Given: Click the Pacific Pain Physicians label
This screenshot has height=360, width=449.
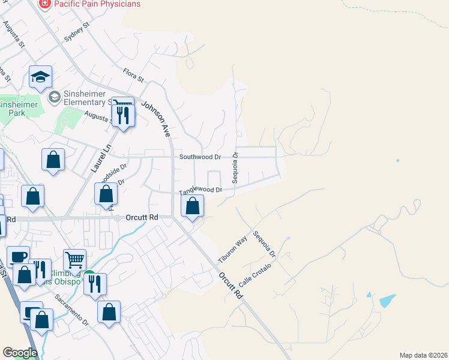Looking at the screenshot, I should [x=97, y=4].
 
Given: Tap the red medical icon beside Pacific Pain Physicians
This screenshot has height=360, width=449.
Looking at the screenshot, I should [x=44, y=4].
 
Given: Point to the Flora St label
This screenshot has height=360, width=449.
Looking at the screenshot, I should [x=133, y=76].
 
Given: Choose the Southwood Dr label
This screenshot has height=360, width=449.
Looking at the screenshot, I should [x=200, y=157].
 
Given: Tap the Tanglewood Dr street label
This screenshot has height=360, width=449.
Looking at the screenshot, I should [x=200, y=191].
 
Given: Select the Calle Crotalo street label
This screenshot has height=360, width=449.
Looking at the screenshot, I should [x=255, y=275].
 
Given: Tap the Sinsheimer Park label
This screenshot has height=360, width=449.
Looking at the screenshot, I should [x=18, y=109].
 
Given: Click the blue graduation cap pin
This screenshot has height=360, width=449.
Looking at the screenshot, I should [x=40, y=77].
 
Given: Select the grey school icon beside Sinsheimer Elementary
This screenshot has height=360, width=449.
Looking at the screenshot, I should [x=54, y=97].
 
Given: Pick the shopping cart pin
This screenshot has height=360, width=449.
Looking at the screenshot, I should [x=74, y=260].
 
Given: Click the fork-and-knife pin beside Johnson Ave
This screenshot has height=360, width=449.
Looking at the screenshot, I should [x=123, y=114].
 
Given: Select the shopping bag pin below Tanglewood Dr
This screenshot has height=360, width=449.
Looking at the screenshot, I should [x=192, y=207].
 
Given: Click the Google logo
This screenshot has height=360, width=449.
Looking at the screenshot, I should [x=19, y=353].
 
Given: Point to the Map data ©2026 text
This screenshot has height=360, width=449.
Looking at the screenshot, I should [x=423, y=355].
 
